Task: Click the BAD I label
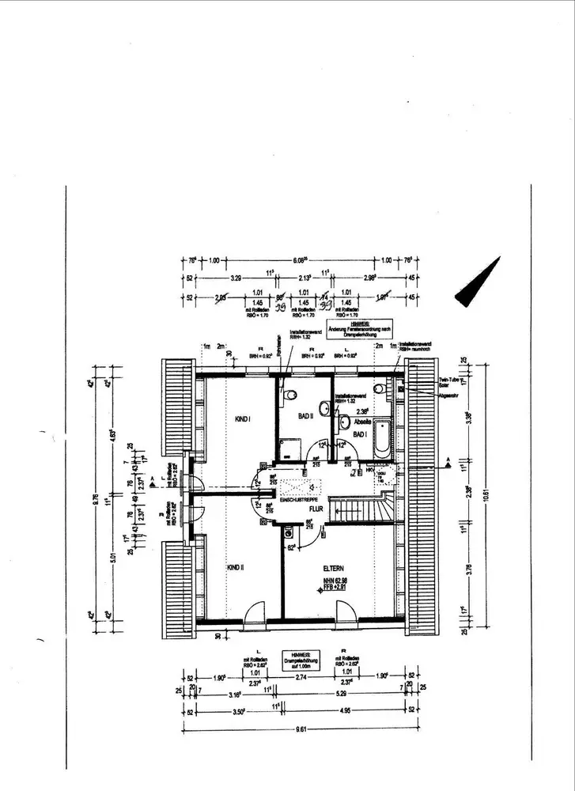360,435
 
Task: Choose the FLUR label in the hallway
317,511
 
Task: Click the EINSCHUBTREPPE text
298,501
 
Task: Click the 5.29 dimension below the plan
340,695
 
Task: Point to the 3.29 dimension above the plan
235,279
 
